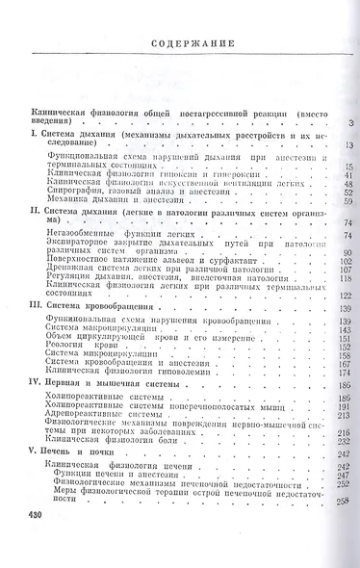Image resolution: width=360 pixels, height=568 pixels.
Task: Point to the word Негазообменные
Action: [82, 234]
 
